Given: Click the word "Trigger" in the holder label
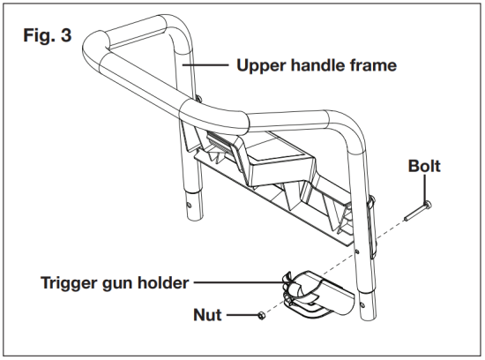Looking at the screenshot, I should (72, 283).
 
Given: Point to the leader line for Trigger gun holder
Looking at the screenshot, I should (238, 283).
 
